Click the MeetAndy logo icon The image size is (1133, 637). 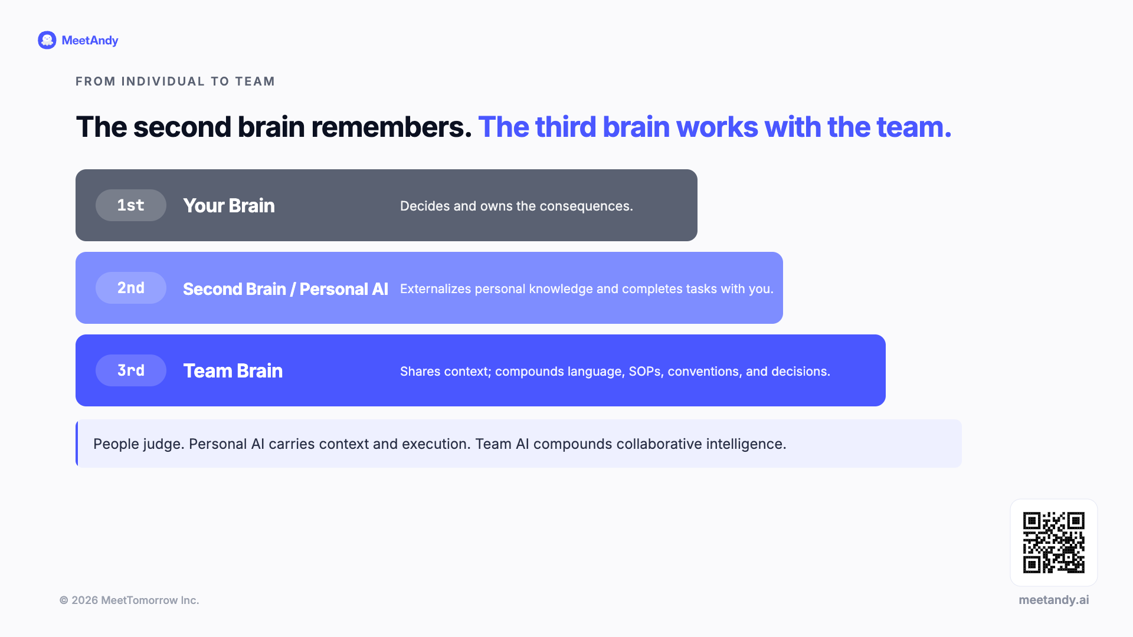(47, 40)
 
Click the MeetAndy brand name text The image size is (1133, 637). (90, 41)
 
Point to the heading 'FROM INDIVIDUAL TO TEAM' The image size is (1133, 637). (175, 81)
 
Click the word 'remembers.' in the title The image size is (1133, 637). (391, 127)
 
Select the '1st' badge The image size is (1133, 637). (131, 205)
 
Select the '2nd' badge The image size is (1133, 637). (131, 288)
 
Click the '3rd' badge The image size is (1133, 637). (131, 370)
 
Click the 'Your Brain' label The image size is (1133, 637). (229, 205)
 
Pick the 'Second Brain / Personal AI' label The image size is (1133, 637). (286, 289)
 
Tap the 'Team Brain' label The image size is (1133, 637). (233, 370)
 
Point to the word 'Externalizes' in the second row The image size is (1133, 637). (435, 288)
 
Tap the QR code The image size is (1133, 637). (1054, 543)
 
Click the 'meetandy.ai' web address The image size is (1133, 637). (1054, 600)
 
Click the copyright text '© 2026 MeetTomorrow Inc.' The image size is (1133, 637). (129, 600)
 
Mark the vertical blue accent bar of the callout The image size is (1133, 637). (77, 444)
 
